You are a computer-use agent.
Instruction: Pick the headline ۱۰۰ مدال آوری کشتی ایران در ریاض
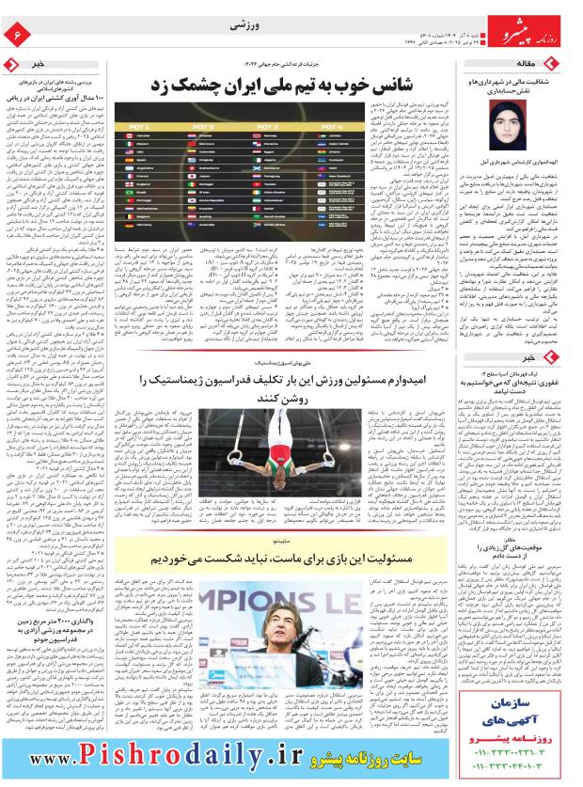click(x=61, y=98)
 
